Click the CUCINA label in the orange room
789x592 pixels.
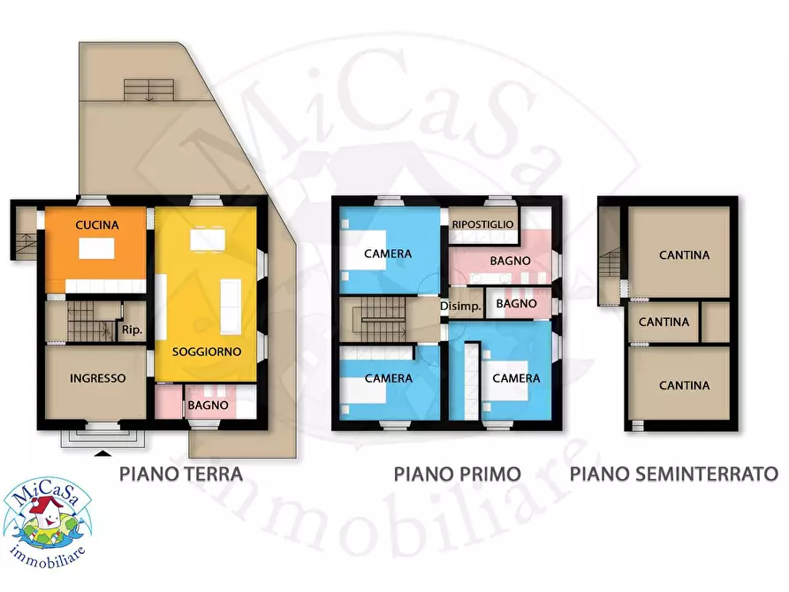97,225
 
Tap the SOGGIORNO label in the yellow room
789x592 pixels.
207,351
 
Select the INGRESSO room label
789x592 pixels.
97,378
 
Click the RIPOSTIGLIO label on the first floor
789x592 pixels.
482,224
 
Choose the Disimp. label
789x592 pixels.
465,306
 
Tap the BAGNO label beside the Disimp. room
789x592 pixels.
517,303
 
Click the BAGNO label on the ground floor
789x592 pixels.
208,406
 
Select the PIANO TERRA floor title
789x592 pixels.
181,474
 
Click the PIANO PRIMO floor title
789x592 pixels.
458,474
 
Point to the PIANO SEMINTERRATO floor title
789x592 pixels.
673,474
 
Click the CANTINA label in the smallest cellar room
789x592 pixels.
664,322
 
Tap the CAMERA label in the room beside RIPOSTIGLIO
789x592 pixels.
388,254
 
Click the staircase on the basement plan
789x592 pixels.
609,262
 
